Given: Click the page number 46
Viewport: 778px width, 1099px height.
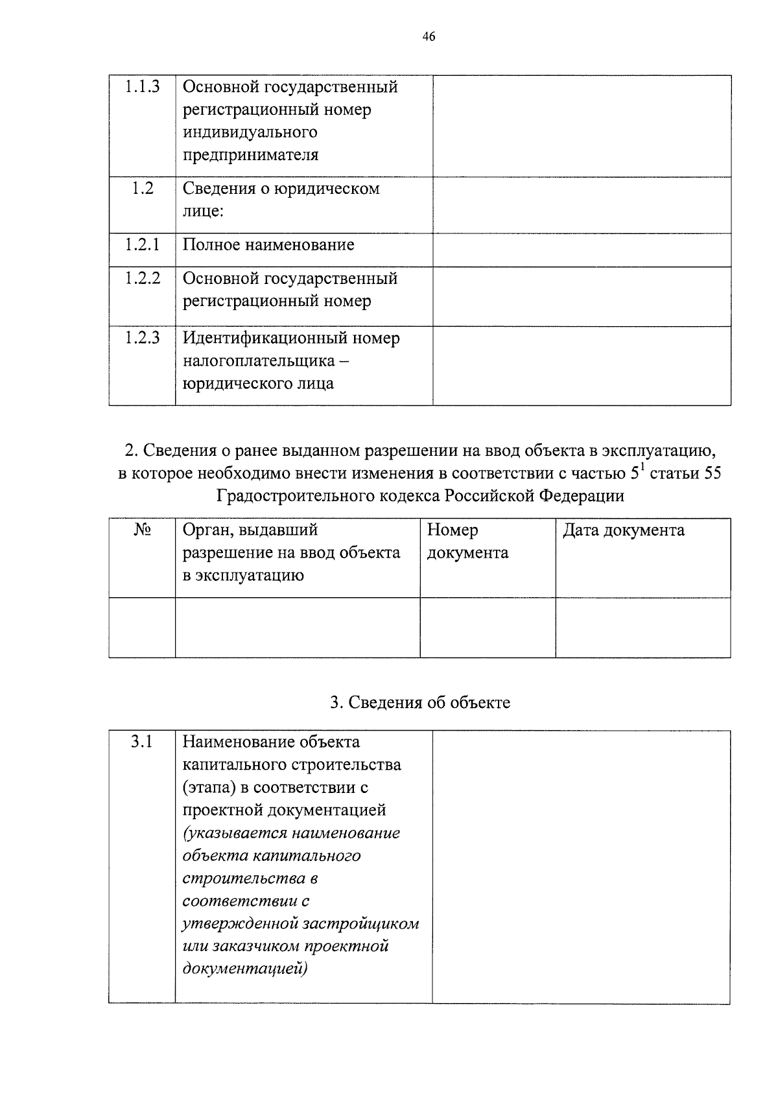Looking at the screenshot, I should click(428, 36).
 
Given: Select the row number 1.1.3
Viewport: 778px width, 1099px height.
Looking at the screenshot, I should click(142, 86).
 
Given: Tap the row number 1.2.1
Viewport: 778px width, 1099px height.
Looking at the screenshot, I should click(142, 244).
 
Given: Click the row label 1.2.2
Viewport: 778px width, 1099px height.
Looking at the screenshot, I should click(142, 278).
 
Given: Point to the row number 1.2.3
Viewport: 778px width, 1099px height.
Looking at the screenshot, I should click(142, 338).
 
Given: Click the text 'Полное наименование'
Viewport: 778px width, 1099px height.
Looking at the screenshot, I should click(268, 245).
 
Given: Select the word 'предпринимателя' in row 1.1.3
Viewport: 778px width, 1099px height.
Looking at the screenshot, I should click(250, 155).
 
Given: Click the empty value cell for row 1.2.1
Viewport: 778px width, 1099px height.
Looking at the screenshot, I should click(582, 250).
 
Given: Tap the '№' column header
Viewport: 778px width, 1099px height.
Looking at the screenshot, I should click(142, 530).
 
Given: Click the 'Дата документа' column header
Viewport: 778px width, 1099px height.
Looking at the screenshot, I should click(623, 530).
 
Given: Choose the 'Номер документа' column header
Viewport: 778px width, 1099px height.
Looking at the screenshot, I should click(467, 541).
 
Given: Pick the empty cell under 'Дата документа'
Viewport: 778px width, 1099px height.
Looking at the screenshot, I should click(642, 627).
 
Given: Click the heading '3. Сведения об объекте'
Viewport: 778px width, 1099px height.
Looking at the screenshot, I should click(420, 703).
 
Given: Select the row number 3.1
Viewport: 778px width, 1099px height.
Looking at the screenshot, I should click(141, 742).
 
